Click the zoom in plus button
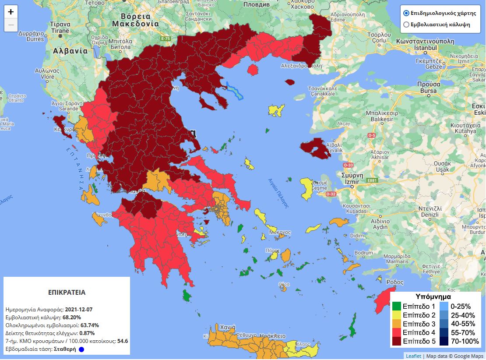(11, 12)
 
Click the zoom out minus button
(11, 25)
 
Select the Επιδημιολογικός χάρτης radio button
(406, 13)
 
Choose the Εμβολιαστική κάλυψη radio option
(406, 25)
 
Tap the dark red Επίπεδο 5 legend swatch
(397, 341)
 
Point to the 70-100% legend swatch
(444, 341)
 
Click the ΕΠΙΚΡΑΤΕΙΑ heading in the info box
(67, 292)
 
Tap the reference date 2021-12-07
(78, 310)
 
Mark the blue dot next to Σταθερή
(81, 349)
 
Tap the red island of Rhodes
(383, 300)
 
